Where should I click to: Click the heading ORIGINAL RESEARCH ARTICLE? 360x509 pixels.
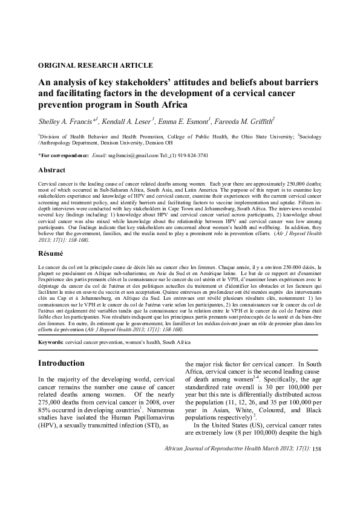click(95, 65)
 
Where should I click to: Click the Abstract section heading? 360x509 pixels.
click(52, 170)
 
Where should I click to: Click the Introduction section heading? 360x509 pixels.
click(61, 364)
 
